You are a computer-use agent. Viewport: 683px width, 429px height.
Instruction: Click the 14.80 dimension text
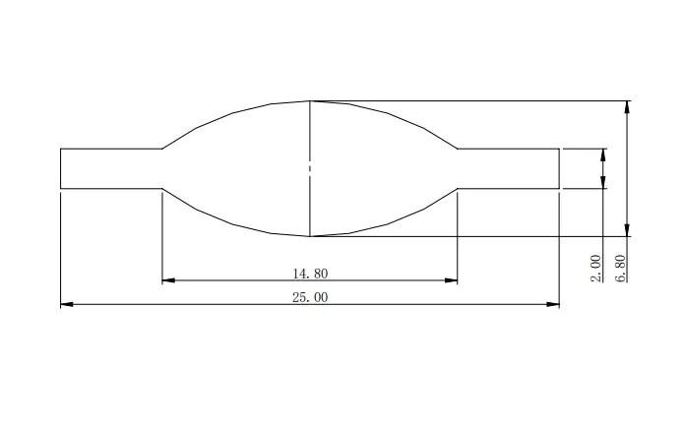click(309, 273)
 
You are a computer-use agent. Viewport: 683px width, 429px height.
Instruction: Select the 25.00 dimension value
click(309, 297)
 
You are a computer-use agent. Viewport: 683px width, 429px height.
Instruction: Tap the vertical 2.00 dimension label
click(595, 268)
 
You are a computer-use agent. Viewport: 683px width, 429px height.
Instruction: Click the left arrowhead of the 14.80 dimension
click(167, 280)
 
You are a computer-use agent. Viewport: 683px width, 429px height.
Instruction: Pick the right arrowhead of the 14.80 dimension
click(452, 280)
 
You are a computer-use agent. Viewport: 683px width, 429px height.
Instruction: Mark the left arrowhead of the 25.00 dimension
click(67, 305)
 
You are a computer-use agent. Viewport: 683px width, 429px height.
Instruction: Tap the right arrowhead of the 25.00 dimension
click(553, 305)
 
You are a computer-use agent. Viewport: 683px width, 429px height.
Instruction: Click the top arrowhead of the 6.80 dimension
click(627, 106)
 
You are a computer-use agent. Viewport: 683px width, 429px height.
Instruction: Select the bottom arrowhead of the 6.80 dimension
click(627, 231)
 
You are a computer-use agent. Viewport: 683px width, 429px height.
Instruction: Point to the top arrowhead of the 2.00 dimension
click(602, 153)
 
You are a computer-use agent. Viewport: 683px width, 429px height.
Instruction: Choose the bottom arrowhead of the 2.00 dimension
click(602, 182)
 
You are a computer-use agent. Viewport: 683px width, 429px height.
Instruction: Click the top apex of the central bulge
click(310, 100)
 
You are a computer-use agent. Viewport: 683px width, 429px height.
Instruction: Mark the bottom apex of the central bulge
click(310, 237)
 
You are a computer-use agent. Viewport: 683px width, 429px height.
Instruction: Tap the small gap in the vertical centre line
click(310, 168)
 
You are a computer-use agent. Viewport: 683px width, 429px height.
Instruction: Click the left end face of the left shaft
click(61, 168)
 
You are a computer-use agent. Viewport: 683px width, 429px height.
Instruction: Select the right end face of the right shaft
click(560, 168)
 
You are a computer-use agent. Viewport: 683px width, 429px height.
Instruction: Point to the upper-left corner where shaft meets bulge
click(162, 149)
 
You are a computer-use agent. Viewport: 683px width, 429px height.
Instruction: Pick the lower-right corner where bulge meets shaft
click(458, 187)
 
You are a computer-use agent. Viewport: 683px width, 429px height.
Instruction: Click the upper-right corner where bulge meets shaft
click(458, 149)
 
